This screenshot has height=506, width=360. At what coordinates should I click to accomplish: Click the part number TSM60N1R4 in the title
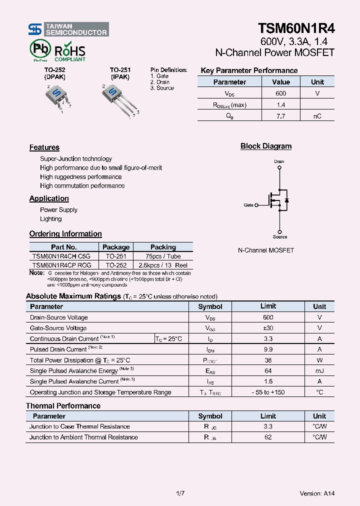[x=296, y=28]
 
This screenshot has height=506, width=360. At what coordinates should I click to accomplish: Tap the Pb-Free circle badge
[x=38, y=50]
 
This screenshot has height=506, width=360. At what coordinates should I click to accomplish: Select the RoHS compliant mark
[x=69, y=52]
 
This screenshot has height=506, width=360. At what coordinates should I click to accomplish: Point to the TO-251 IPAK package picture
[x=118, y=97]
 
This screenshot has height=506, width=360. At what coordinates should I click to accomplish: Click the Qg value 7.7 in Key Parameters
[x=280, y=116]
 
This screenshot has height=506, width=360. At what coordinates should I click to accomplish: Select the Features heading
[x=44, y=147]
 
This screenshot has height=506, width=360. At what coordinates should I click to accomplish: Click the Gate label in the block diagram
[x=248, y=205]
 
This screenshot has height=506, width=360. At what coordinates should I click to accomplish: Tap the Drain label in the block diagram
[x=279, y=161]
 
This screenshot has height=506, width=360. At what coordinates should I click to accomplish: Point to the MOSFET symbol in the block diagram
[x=279, y=200]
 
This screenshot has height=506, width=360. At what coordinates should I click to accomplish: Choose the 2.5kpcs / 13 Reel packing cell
[x=163, y=265]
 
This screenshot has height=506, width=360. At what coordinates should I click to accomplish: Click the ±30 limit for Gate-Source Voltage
[x=268, y=328]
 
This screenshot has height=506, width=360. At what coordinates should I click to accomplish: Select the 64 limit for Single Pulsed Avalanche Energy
[x=268, y=370]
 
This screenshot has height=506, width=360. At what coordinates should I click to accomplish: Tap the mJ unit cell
[x=319, y=370]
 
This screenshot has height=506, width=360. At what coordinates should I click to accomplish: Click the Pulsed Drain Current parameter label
[x=58, y=349]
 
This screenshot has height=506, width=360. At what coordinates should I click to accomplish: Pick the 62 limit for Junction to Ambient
[x=268, y=437]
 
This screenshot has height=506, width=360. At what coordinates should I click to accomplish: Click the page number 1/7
[x=180, y=493]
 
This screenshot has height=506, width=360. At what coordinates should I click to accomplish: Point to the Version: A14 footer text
[x=317, y=493]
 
